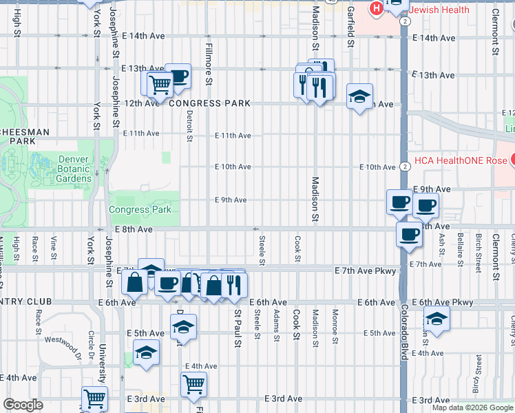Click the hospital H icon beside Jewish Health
tap(377, 10)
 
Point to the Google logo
tap(23, 405)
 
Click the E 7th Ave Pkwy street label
tap(366, 271)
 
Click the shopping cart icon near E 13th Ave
tap(160, 85)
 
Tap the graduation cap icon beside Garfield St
tap(358, 97)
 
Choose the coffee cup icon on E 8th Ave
tap(408, 234)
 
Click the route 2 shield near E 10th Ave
tap(406, 167)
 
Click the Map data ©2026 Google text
tap(472, 407)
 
